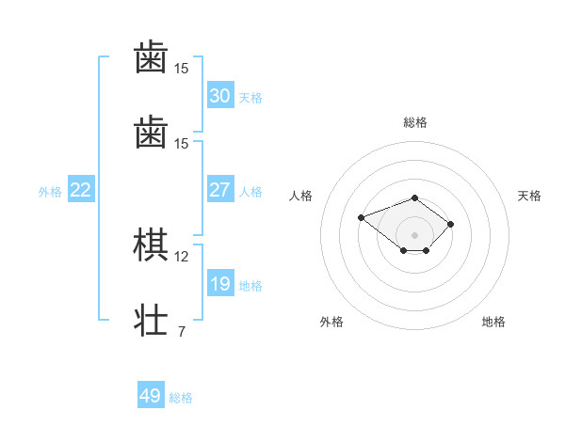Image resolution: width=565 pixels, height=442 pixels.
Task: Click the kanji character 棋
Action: coord(151,245)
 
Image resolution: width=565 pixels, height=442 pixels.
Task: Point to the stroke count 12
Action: coord(182,256)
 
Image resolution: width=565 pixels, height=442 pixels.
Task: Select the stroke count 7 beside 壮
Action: coord(181,330)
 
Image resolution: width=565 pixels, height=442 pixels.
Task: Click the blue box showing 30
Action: coord(220,96)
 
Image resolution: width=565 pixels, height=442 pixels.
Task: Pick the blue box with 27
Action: coord(220,190)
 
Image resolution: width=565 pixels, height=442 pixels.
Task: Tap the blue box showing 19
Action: coord(220,284)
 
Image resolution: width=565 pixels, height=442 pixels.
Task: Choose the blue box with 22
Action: coord(81,190)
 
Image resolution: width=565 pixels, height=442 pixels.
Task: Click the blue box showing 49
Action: coord(151,396)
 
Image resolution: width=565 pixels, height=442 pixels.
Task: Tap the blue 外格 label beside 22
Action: coord(50,192)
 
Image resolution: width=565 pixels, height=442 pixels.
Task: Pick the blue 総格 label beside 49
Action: coord(181,398)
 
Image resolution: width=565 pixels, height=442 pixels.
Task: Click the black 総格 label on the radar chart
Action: coord(415,122)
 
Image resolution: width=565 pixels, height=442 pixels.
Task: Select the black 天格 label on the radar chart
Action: coord(529,196)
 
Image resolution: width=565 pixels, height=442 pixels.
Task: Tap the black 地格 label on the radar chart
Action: coord(493,322)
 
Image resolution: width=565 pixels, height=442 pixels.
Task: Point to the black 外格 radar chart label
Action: coord(331,322)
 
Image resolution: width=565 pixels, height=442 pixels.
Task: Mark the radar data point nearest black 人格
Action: coord(361,218)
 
